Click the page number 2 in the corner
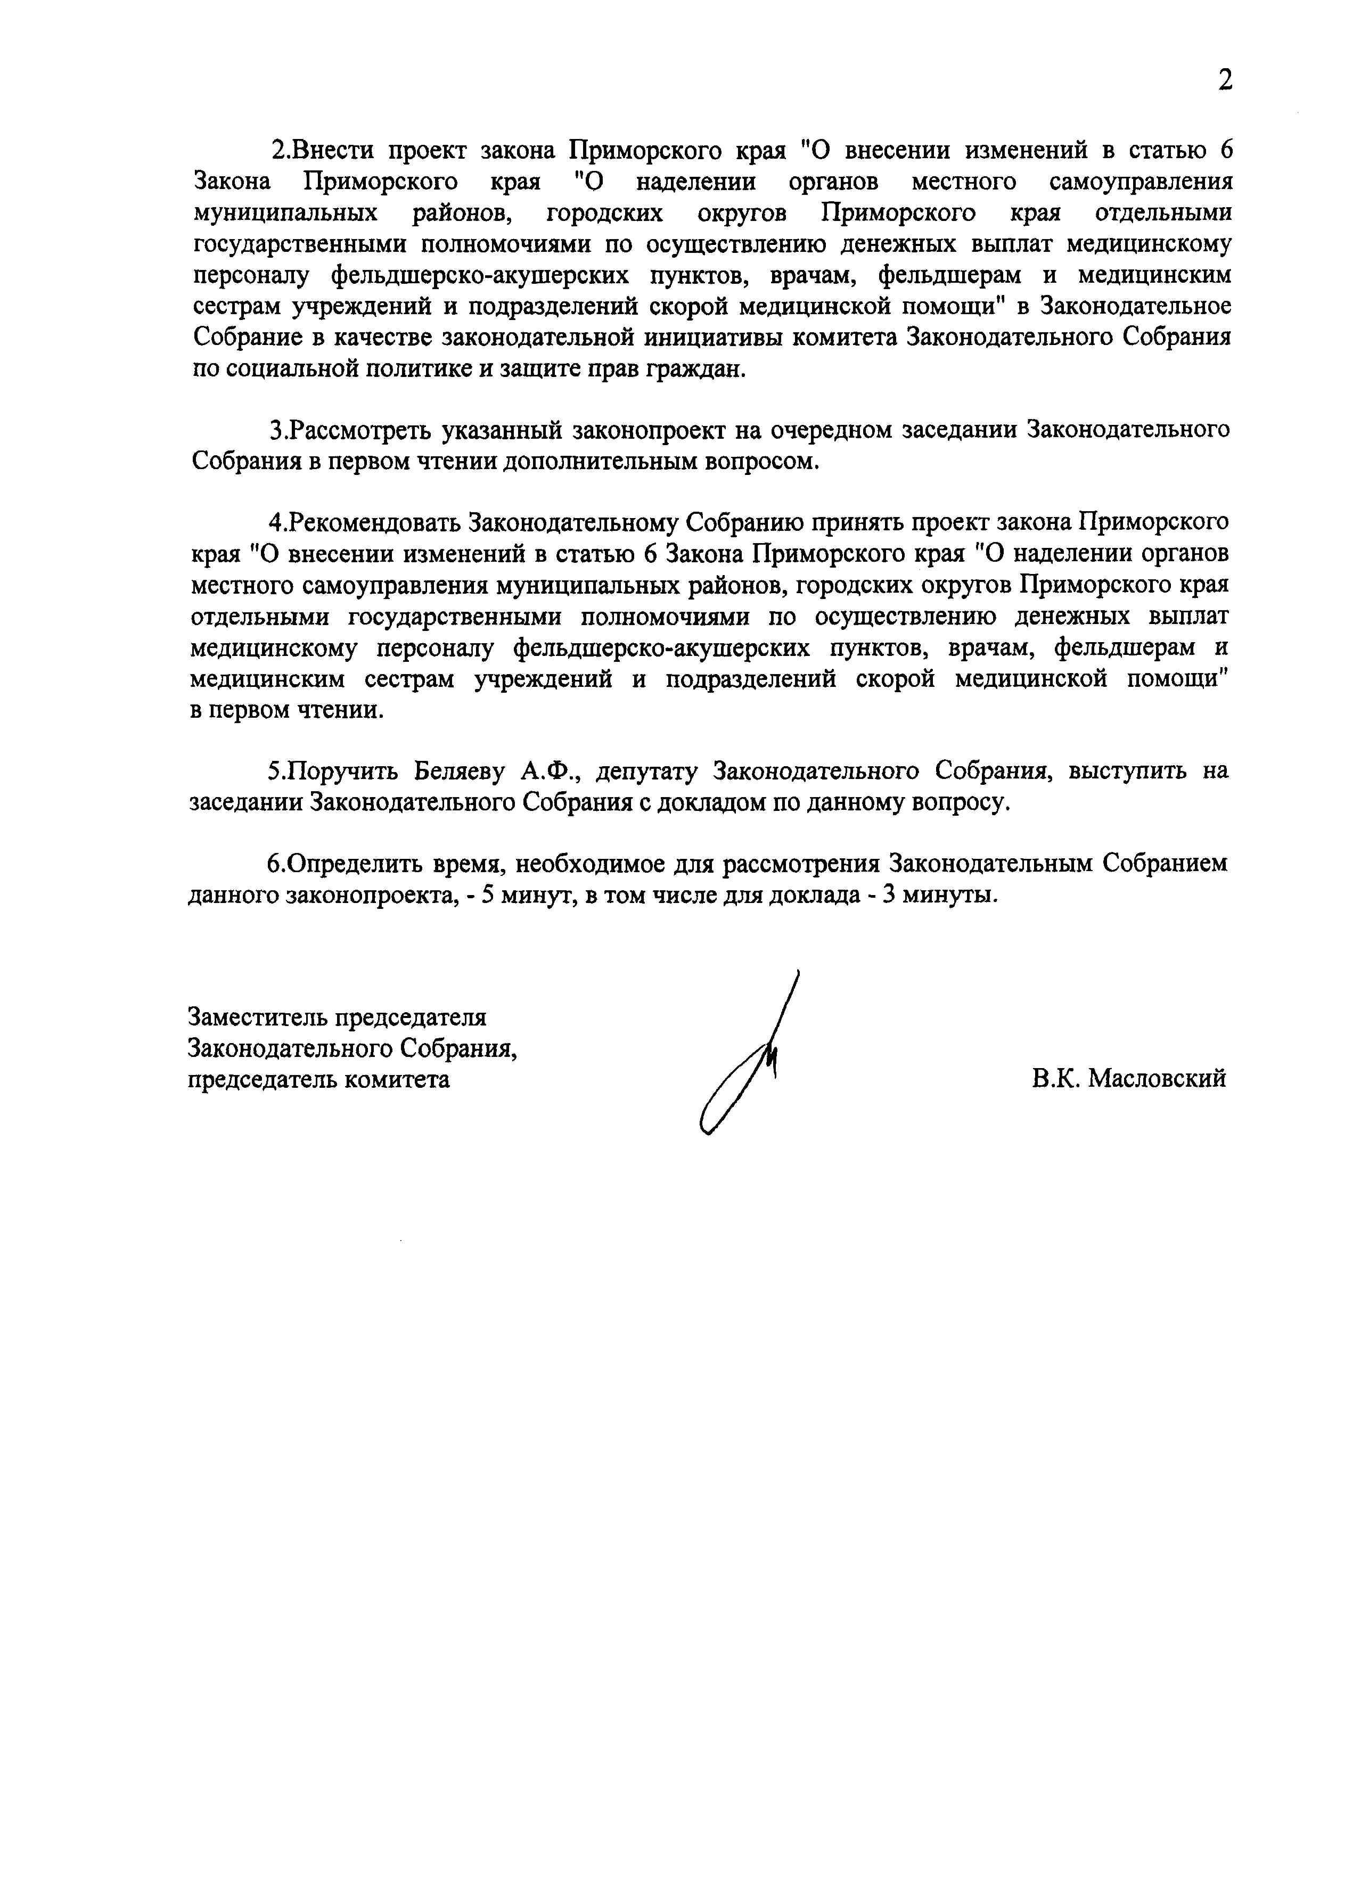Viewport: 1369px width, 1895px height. click(x=1224, y=81)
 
